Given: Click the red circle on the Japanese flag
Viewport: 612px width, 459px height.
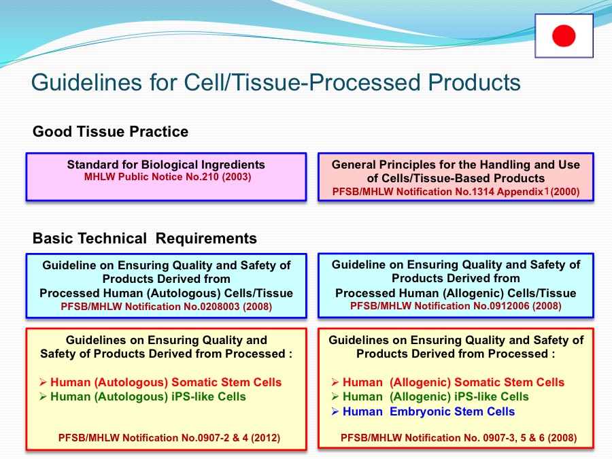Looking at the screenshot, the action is point(564,35).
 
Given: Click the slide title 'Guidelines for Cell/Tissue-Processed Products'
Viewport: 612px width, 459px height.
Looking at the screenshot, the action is point(276,82).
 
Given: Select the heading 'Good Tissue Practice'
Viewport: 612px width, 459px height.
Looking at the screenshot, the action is point(110,131).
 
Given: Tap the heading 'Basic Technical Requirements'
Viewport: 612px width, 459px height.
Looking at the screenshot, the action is point(145,238).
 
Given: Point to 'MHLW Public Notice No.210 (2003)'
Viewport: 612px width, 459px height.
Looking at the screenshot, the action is point(167,177).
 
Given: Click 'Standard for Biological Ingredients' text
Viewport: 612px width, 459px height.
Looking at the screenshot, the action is point(166,165).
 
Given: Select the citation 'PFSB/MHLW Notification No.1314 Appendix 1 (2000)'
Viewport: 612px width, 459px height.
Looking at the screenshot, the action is point(456,192).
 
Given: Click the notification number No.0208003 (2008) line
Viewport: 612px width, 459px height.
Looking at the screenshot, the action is point(167,307).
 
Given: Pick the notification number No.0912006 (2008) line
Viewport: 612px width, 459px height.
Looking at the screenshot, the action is point(456,305).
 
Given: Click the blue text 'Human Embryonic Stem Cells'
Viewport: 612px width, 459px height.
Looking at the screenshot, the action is point(428,411).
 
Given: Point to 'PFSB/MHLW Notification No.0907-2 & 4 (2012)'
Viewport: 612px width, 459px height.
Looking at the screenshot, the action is point(169,437).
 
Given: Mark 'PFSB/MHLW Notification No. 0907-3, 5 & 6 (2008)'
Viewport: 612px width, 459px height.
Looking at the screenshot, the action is point(458,437).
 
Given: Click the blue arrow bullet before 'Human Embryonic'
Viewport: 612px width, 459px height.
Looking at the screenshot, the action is point(335,411).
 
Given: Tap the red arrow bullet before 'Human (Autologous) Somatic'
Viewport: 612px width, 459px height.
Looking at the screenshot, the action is point(43,382).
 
